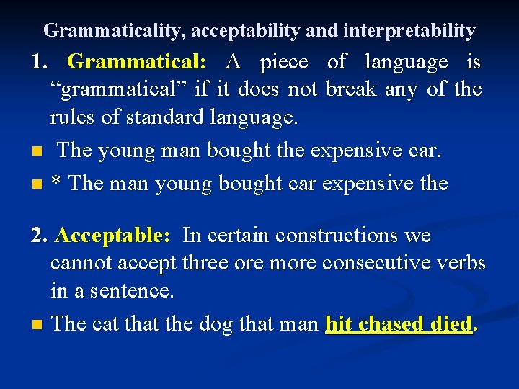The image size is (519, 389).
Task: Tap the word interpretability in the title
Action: click(409, 30)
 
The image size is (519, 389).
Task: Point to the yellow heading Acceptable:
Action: click(112, 236)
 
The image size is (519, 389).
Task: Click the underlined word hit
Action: click(339, 324)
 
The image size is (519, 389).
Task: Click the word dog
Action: click(216, 324)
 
